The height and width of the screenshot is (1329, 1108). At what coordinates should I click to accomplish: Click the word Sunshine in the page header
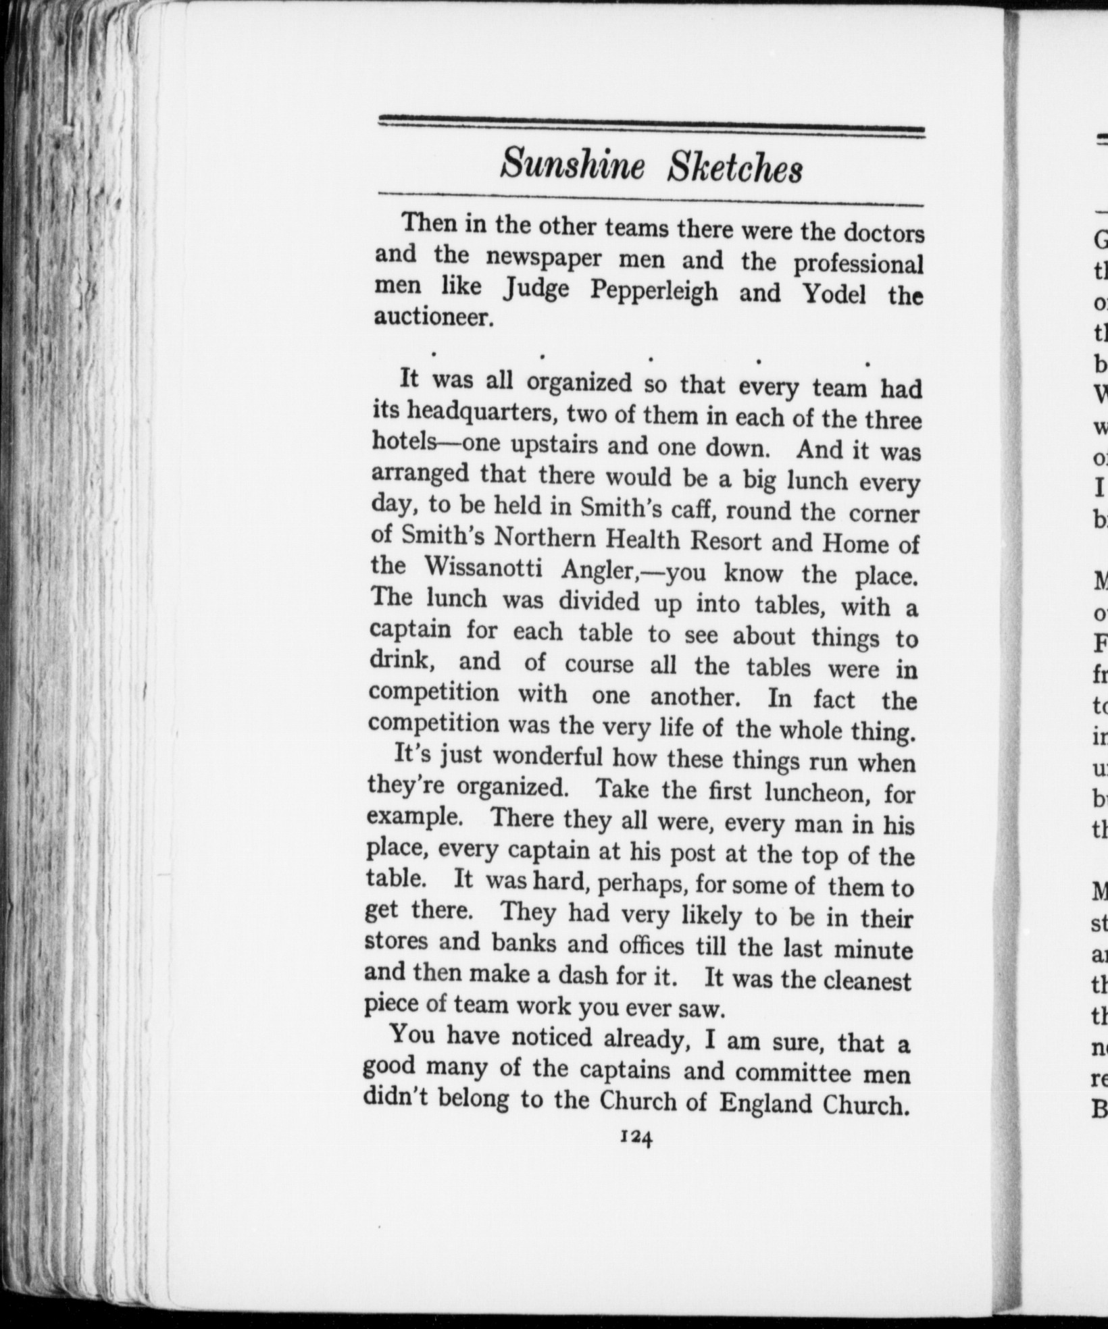click(x=572, y=166)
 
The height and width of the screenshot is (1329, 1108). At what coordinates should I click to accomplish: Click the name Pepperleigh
click(x=653, y=291)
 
